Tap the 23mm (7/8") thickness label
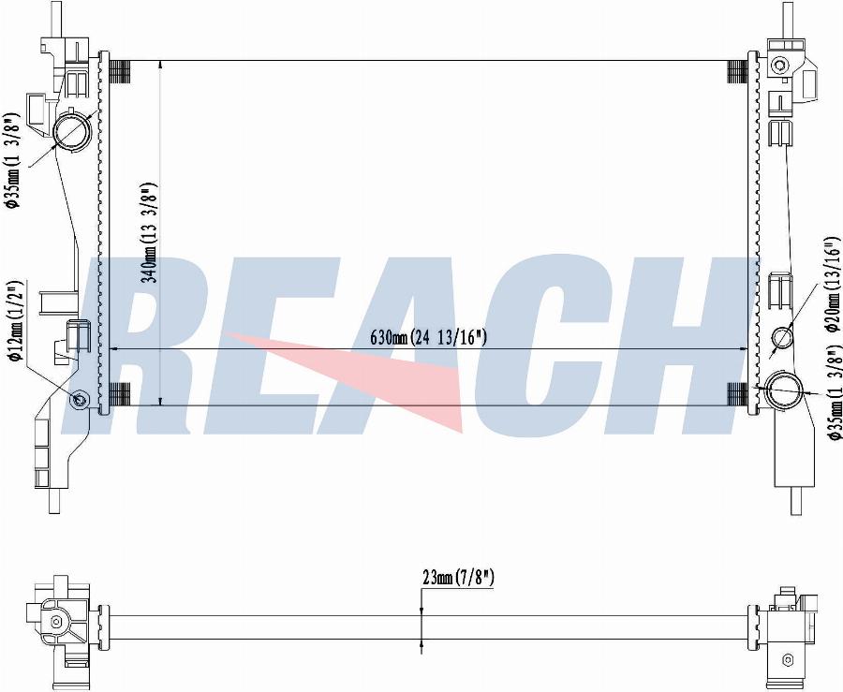(x=458, y=578)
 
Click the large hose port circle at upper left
(x=72, y=131)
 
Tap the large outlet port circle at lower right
(x=783, y=390)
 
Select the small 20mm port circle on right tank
(x=782, y=337)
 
